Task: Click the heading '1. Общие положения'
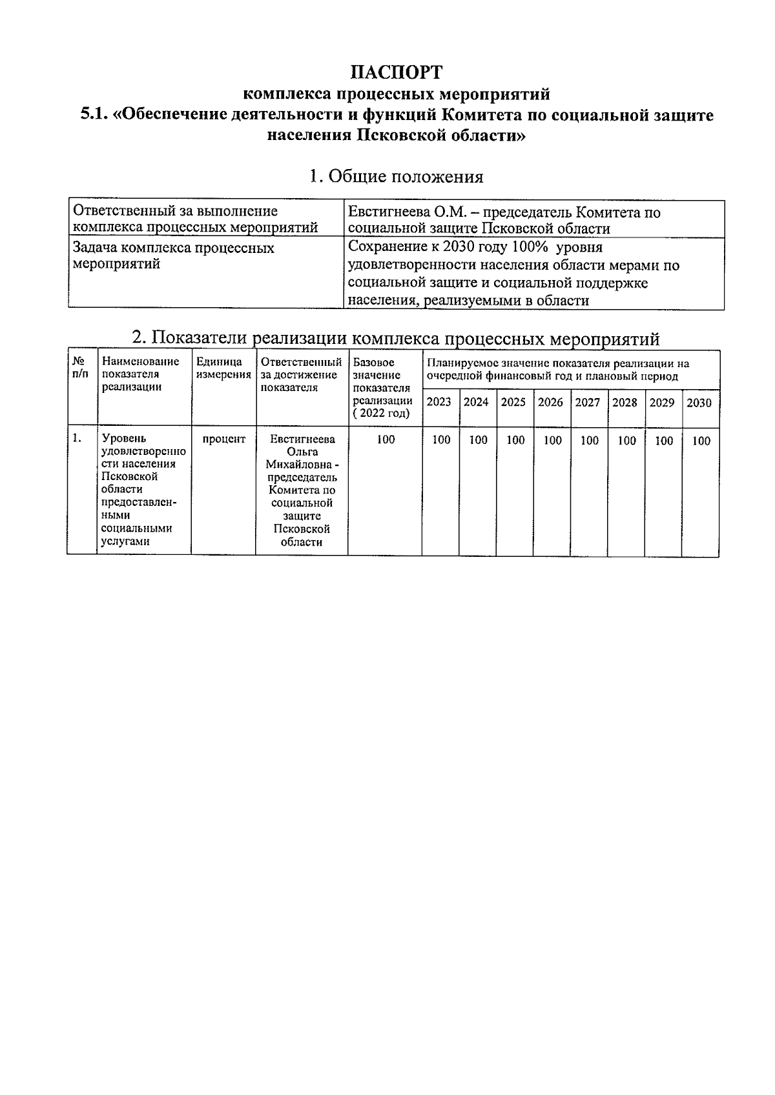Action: pos(396,176)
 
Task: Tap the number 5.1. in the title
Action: pos(94,116)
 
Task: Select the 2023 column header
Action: pos(439,403)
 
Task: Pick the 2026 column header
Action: pos(551,403)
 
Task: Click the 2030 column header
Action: pos(699,403)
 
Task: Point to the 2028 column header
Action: pos(625,403)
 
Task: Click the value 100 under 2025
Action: pos(515,441)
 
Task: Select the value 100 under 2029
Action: pos(664,441)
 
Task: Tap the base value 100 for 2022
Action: pos(386,440)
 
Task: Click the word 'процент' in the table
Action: pos(223,439)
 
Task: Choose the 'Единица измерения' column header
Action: pos(223,368)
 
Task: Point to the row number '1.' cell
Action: pos(77,439)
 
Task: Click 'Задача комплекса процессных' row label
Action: pos(174,248)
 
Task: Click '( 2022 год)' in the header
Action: pos(383,414)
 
